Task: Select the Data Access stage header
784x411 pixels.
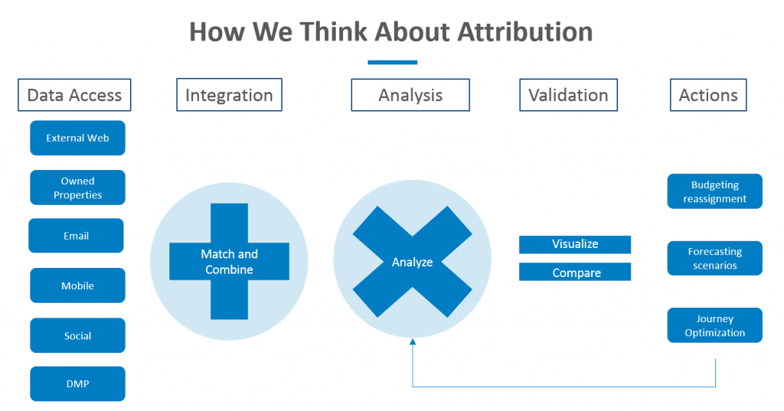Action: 74,95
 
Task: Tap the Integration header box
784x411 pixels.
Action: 229,95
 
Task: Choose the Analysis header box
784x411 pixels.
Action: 410,95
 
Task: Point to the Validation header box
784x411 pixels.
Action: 568,95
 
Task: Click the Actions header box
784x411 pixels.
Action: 708,95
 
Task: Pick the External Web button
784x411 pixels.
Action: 77,139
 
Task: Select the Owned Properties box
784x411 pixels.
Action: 77,188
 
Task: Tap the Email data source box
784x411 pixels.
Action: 76,236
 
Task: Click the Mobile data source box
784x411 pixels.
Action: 77,285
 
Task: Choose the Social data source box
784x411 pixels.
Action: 77,335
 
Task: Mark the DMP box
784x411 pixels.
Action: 77,384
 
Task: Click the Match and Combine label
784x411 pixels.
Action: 229,262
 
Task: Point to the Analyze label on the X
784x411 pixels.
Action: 412,262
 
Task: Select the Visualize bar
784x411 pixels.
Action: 575,244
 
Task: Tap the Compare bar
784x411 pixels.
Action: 575,272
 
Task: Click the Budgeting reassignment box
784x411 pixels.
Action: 714,191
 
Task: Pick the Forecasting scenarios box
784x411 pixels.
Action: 714,258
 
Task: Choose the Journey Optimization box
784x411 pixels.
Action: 714,325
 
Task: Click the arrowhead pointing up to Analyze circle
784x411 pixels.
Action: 413,343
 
